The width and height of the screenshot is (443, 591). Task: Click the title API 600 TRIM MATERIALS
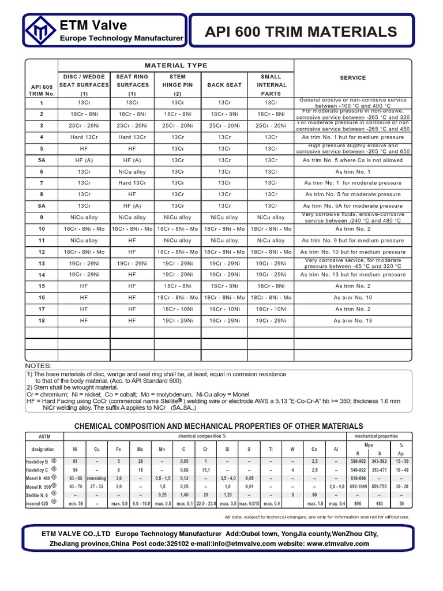[301, 32]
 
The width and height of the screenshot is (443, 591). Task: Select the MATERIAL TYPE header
[176, 66]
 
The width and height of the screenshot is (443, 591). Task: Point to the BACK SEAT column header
[224, 85]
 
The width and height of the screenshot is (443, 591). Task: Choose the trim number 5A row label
[41, 160]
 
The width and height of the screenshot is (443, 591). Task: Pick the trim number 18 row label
[41, 321]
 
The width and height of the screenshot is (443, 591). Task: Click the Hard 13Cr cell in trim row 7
[132, 183]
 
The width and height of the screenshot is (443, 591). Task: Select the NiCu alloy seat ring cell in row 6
[132, 171]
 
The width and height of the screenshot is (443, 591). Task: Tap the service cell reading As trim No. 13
[353, 320]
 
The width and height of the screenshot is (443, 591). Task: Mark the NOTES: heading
[39, 366]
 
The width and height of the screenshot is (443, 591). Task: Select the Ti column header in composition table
[271, 448]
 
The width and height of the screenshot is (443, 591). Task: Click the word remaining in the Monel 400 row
[97, 478]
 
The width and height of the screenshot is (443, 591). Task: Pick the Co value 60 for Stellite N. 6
[314, 495]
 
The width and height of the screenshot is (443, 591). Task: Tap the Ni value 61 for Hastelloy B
[74, 461]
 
